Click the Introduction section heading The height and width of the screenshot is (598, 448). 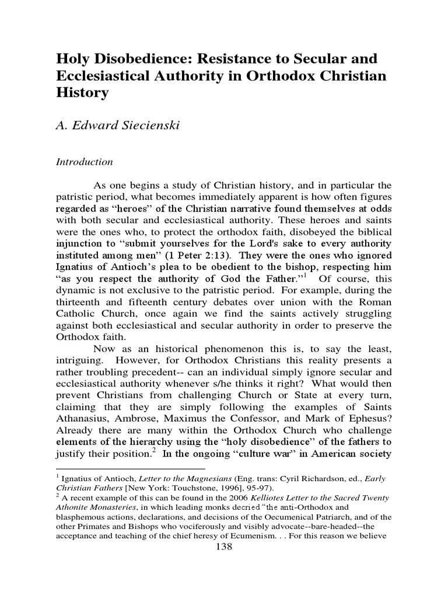pos(85,162)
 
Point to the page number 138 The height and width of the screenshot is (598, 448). pos(224,547)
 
